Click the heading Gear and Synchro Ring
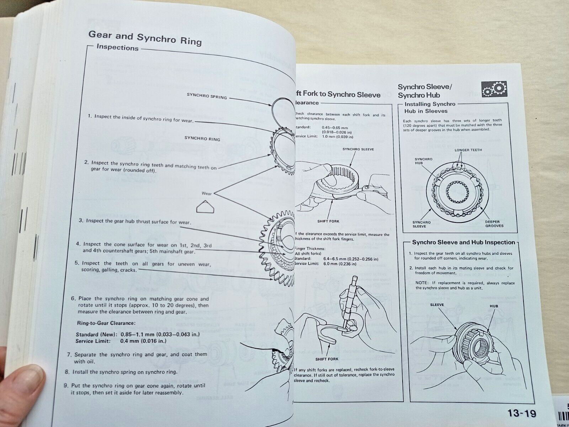[x=145, y=38]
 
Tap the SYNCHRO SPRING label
[x=207, y=96]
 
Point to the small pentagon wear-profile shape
[x=205, y=206]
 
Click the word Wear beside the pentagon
[x=207, y=194]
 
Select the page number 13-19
[x=522, y=413]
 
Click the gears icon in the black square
[x=494, y=89]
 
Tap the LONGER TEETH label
[x=468, y=150]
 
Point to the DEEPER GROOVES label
[x=494, y=223]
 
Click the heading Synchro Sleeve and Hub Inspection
[x=463, y=242]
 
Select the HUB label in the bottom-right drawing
[x=494, y=306]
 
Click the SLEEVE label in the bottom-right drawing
[x=437, y=305]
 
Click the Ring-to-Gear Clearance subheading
[x=106, y=323]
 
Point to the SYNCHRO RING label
[x=202, y=139]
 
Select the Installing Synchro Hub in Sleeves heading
[x=430, y=107]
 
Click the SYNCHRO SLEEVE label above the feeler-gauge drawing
[x=358, y=149]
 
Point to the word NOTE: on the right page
[x=422, y=283]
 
